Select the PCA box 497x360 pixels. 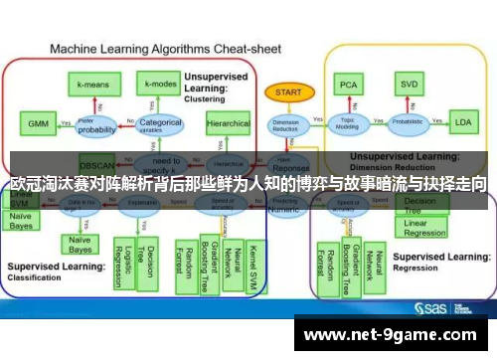click(x=347, y=84)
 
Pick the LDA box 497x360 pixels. click(x=462, y=123)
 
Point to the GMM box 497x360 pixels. click(x=39, y=124)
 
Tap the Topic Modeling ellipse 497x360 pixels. click(x=347, y=123)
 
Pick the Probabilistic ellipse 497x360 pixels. click(x=407, y=123)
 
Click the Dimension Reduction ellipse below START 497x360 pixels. click(x=285, y=125)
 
